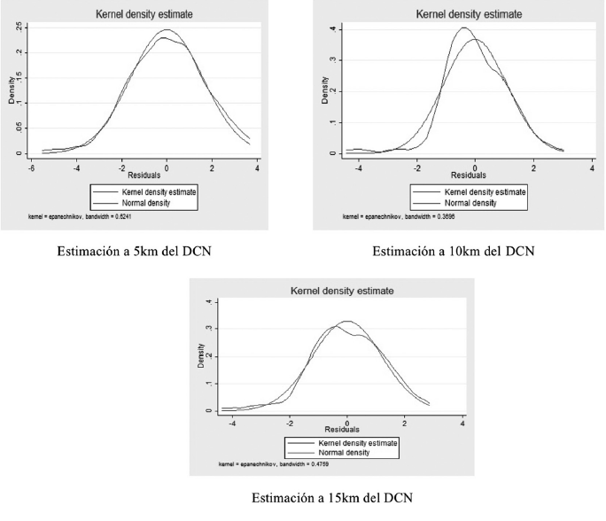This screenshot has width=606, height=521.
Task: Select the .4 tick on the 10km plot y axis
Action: point(328,29)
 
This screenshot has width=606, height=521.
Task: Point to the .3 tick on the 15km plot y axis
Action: point(209,329)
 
